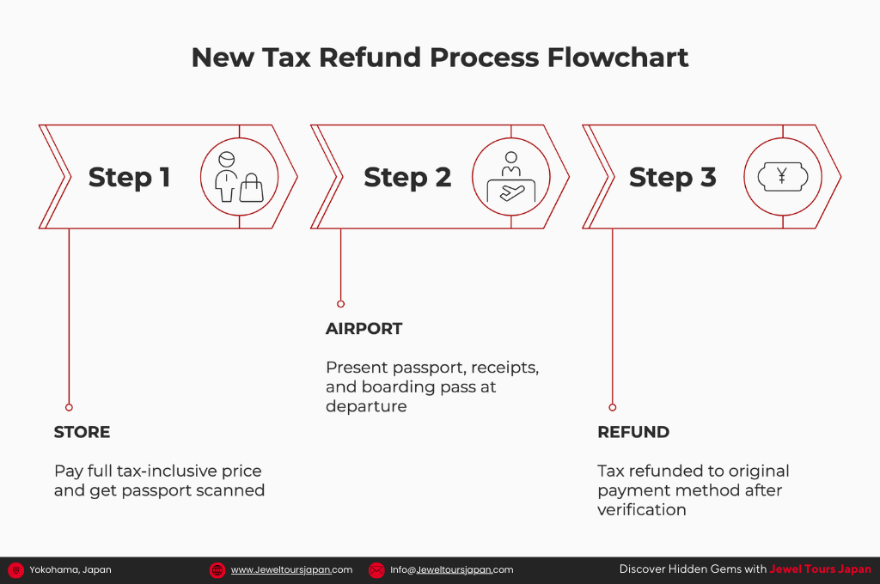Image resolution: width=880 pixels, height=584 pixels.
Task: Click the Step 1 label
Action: [129, 177]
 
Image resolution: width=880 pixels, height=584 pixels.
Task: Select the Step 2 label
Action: [407, 177]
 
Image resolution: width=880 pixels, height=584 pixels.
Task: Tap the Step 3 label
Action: [672, 177]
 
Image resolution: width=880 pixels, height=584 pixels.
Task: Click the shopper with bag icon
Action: [239, 177]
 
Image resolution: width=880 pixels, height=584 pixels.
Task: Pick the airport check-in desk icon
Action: [511, 177]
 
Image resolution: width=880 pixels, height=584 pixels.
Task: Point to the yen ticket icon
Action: [782, 177]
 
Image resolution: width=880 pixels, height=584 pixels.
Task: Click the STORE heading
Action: [82, 432]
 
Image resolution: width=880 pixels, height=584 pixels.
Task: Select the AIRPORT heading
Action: [364, 329]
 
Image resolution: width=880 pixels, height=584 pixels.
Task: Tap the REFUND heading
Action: [633, 432]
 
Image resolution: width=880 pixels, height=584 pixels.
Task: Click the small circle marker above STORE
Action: [69, 407]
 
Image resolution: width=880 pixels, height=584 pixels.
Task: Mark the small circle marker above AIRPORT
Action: [340, 304]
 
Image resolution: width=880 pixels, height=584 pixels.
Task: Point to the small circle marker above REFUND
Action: [613, 407]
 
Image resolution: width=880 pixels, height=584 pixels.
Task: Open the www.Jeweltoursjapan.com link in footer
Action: [291, 569]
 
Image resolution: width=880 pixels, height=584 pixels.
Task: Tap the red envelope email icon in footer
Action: [376, 569]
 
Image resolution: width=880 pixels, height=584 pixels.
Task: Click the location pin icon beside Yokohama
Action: [15, 569]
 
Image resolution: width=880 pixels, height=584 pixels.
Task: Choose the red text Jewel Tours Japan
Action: [820, 569]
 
